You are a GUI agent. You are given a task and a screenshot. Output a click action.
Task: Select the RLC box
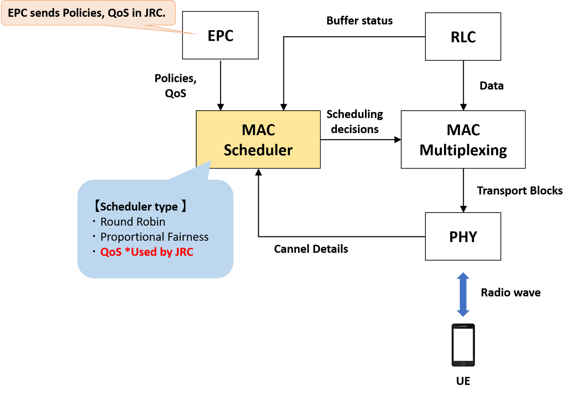click(x=463, y=37)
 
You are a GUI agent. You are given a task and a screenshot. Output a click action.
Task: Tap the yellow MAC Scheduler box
click(x=258, y=139)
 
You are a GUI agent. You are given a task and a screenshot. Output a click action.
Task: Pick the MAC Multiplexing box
click(x=463, y=139)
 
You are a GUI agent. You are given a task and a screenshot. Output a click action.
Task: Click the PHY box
click(x=463, y=236)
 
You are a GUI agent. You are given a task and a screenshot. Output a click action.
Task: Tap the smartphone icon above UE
click(x=463, y=345)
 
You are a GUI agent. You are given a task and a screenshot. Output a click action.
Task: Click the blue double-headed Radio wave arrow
click(x=463, y=295)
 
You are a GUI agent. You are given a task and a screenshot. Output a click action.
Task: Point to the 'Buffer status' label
click(x=359, y=21)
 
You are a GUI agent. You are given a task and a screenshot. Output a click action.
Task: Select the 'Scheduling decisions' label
click(x=354, y=122)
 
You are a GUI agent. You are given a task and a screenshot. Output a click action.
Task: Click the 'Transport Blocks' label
click(x=520, y=191)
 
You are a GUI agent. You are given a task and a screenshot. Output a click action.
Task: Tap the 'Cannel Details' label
click(x=311, y=249)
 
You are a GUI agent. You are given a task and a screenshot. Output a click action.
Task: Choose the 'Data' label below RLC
click(x=492, y=86)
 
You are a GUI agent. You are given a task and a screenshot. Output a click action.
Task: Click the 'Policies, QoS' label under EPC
click(x=175, y=85)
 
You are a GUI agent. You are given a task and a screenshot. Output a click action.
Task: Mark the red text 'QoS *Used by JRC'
click(x=147, y=252)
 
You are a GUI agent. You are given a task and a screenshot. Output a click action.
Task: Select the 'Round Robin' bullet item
click(x=133, y=221)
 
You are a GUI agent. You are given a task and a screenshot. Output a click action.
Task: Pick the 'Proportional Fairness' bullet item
click(x=154, y=237)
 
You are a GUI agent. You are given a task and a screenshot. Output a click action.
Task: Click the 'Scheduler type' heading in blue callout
click(x=140, y=206)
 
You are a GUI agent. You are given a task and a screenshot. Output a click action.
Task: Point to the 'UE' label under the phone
click(x=463, y=380)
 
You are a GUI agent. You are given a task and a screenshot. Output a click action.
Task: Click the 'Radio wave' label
click(x=510, y=292)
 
